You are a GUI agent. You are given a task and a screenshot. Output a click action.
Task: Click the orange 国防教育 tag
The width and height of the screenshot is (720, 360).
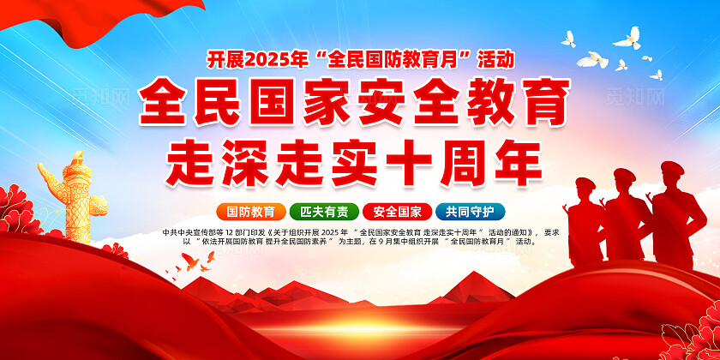point(250,212)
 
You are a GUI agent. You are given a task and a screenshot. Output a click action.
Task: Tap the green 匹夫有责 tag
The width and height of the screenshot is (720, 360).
point(324,212)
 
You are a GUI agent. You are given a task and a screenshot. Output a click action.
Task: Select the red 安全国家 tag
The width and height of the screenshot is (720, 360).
point(397,212)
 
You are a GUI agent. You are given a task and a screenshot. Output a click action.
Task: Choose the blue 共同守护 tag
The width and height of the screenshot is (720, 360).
point(470,212)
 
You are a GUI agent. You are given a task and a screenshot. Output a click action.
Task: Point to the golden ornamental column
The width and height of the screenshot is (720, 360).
point(70,201)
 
